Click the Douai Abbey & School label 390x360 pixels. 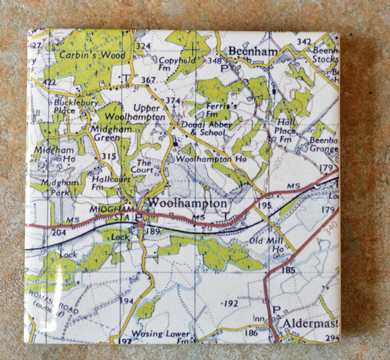204,129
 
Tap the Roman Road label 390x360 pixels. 50,308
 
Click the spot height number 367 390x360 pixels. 149,80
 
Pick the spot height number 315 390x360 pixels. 110,156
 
